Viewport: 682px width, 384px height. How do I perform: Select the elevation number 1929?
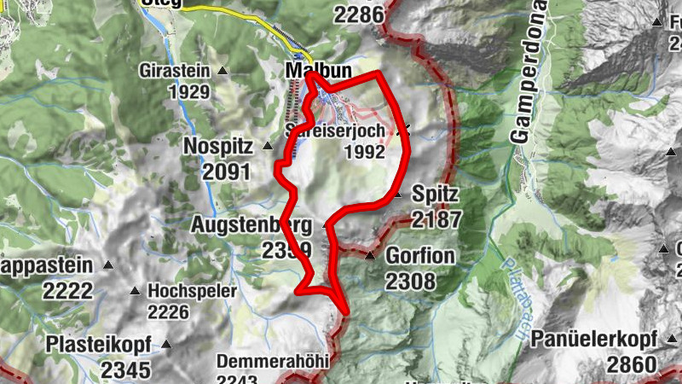(190, 91)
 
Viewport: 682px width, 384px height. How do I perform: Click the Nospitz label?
(218, 147)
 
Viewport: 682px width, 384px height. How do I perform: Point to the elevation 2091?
(227, 171)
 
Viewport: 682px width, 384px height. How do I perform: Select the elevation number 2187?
(436, 219)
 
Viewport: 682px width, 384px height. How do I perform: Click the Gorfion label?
(420, 256)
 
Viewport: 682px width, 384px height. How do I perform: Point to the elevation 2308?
(410, 280)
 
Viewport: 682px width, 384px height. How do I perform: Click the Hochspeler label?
(192, 291)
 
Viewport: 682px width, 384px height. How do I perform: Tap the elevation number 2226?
(168, 311)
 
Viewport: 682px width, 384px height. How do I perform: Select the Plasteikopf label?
(100, 345)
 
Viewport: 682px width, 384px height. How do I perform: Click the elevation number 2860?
(632, 364)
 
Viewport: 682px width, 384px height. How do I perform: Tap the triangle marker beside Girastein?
(223, 71)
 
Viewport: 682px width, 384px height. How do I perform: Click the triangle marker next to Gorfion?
(370, 255)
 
